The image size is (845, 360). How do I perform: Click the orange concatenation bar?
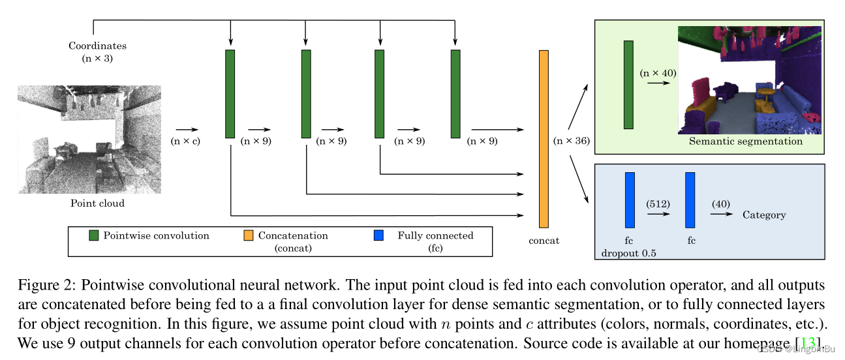tap(544, 138)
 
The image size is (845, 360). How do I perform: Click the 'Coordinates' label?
tap(97, 46)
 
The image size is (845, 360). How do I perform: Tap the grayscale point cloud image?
tap(89, 139)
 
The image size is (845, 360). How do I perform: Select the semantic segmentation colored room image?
tap(749, 80)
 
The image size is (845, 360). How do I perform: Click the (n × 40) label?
tap(658, 73)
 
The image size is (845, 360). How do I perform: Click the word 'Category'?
tap(764, 215)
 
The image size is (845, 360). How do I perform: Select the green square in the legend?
tap(94, 236)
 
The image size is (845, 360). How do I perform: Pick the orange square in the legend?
tap(249, 236)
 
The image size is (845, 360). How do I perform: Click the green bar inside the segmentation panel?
tap(628, 85)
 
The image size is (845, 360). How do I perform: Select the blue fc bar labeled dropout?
tap(630, 200)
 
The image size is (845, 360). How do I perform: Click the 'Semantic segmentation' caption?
tap(746, 141)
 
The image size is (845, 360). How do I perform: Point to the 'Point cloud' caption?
tap(97, 203)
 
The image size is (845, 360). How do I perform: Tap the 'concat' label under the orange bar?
tap(544, 241)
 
